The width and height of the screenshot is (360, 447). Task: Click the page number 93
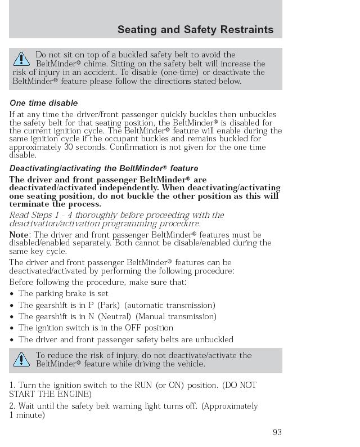(277, 432)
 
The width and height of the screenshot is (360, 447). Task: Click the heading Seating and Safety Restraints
(195, 29)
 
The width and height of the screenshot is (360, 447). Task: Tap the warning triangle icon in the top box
(21, 59)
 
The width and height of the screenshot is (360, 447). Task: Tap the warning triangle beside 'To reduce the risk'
(21, 359)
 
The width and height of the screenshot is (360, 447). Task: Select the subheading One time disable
(43, 103)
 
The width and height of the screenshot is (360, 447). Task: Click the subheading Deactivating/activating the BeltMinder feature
(103, 168)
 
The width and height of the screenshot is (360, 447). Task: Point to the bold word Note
(20, 235)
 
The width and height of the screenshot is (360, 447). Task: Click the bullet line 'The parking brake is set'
(63, 293)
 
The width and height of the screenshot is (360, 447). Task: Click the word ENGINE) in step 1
(71, 394)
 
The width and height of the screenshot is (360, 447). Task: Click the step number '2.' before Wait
(12, 406)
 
